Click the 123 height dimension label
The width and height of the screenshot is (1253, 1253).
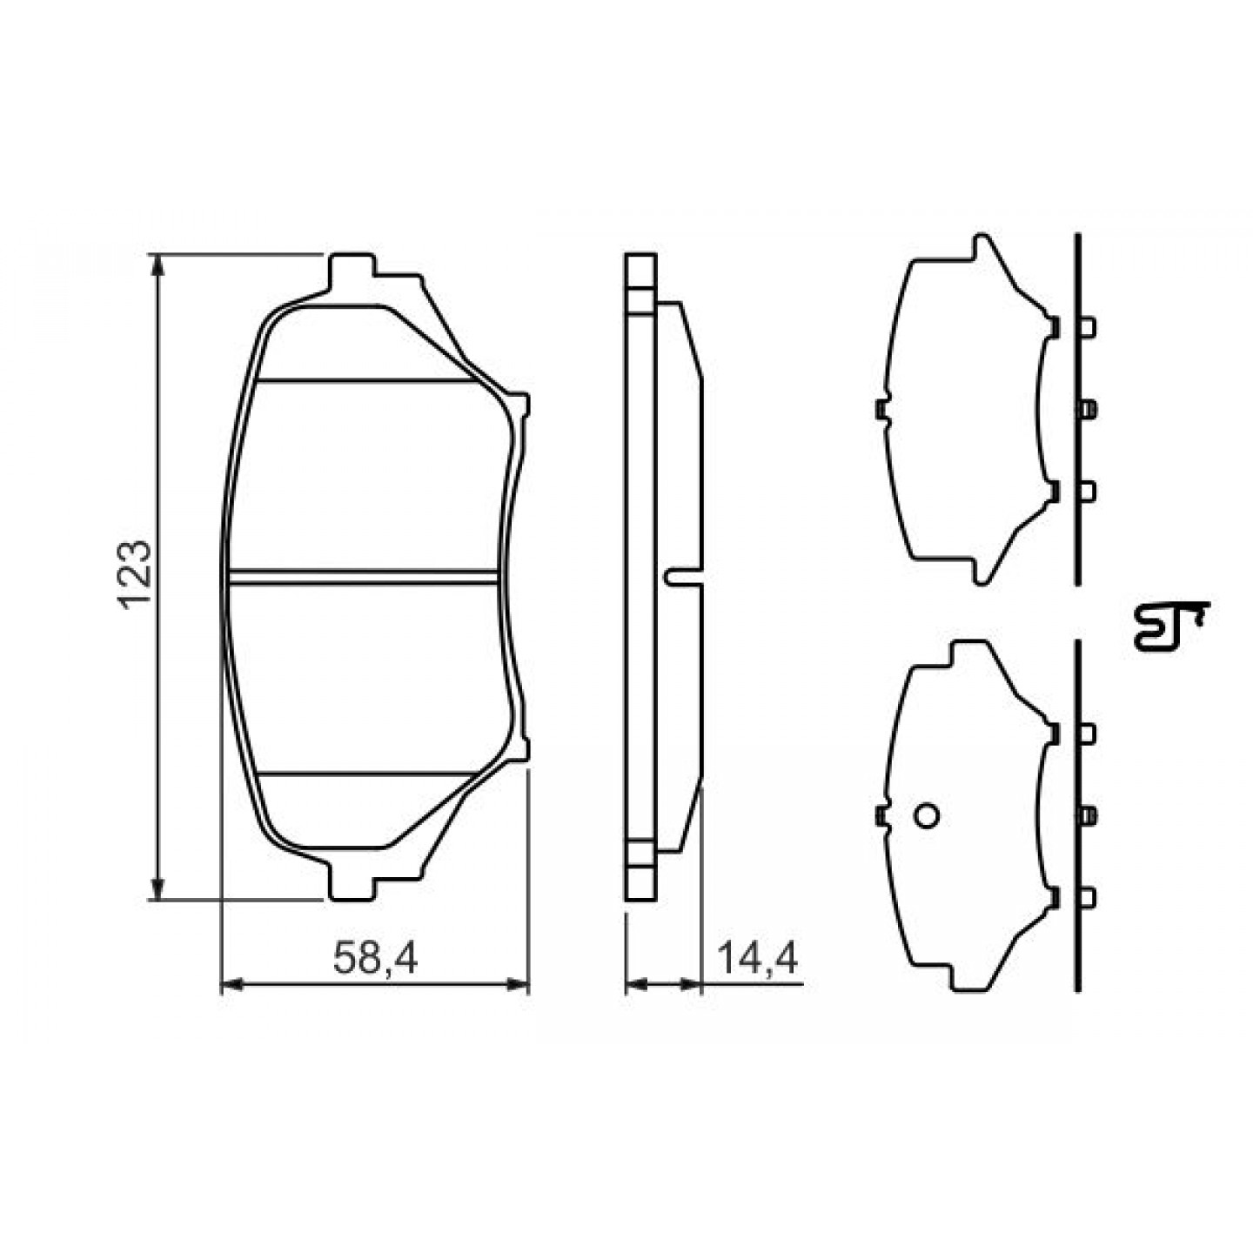point(136,574)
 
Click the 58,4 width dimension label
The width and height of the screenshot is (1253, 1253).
point(375,958)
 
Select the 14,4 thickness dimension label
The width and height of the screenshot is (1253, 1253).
point(758,958)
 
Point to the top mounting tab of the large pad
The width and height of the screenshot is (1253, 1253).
point(352,273)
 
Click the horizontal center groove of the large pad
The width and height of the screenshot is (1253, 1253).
point(364,577)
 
